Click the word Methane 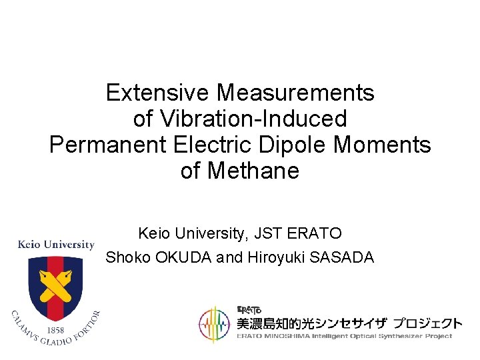pos(253,171)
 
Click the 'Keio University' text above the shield pos(55,245)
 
